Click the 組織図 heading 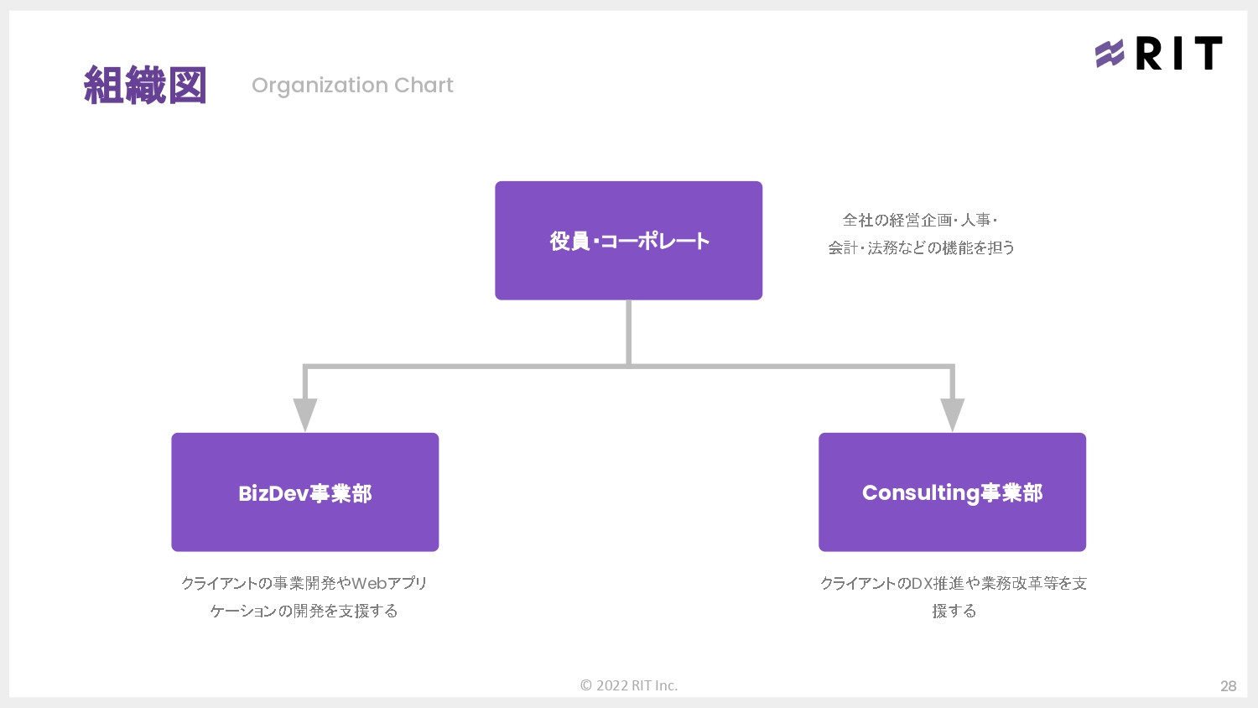point(145,86)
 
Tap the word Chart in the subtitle point(424,86)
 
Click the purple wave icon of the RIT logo point(1110,54)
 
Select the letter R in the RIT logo point(1150,54)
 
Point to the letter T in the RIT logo point(1208,54)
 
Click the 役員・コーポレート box point(628,241)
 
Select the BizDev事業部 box point(304,492)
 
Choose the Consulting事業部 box point(952,492)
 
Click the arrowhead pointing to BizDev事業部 point(305,414)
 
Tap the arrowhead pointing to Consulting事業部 point(952,414)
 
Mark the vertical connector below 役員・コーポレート point(628,331)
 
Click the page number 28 point(1228,686)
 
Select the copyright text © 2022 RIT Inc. point(628,685)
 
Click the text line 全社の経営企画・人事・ point(920,220)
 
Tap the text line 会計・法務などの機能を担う point(921,247)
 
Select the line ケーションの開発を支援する point(304,611)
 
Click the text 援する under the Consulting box point(954,611)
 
